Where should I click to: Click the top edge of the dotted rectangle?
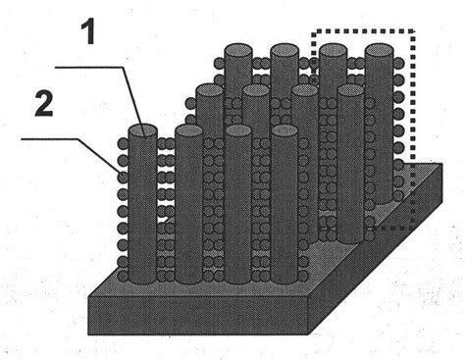(363, 30)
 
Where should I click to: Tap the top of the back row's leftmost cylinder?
(236, 49)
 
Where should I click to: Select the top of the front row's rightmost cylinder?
(284, 130)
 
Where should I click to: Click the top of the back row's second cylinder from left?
(284, 49)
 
